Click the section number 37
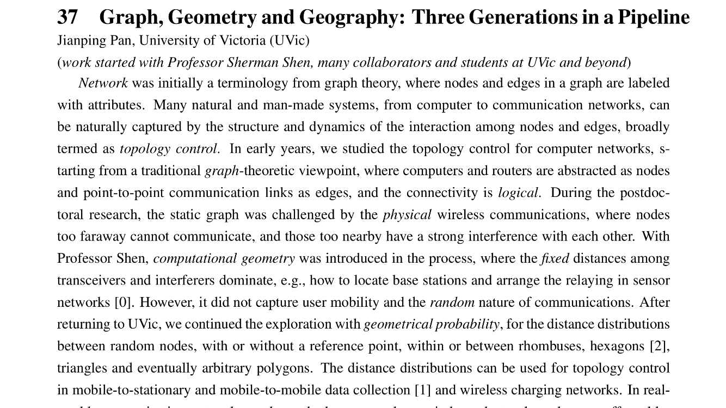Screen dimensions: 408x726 pyautogui.click(x=67, y=17)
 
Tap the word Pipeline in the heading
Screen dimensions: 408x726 pyautogui.click(x=654, y=17)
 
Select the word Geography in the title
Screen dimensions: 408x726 pyautogui.click(x=349, y=17)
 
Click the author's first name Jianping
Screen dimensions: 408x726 pyautogui.click(x=78, y=40)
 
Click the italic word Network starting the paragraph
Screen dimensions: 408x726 pyautogui.click(x=103, y=83)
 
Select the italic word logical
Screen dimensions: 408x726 pyautogui.click(x=518, y=193)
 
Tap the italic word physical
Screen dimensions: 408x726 pyautogui.click(x=407, y=215)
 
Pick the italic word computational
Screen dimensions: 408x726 pyautogui.click(x=194, y=258)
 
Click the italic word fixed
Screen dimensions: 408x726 pyautogui.click(x=555, y=258)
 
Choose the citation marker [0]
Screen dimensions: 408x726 pyautogui.click(x=124, y=302)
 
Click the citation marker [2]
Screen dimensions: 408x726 pyautogui.click(x=659, y=346)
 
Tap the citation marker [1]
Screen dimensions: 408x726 pyautogui.click(x=423, y=390)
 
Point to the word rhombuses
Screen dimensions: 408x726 pyautogui.click(x=546, y=346)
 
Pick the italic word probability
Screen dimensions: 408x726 pyautogui.click(x=466, y=324)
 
